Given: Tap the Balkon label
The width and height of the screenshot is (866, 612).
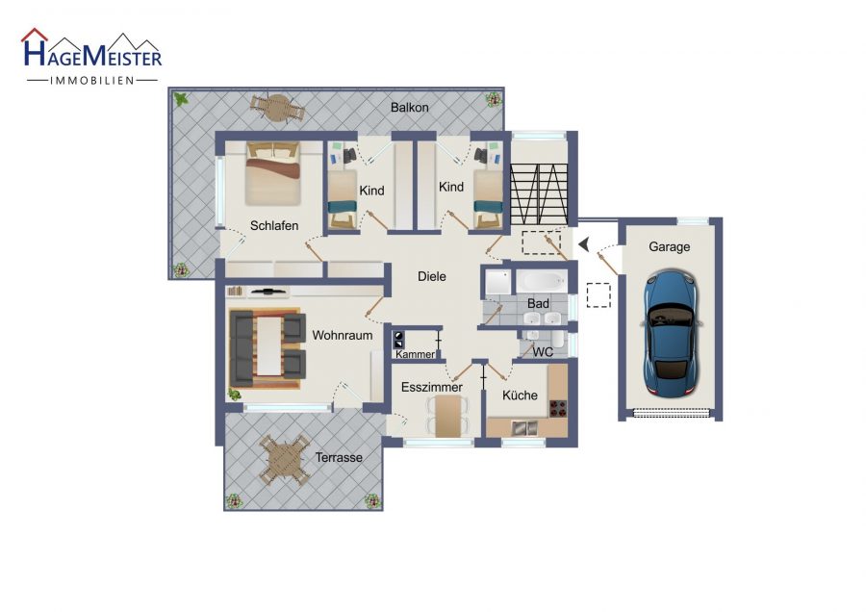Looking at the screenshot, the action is [x=409, y=107].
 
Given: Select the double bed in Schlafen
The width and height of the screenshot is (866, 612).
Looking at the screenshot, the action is [x=273, y=173].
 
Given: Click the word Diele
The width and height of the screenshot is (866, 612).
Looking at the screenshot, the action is [x=431, y=276].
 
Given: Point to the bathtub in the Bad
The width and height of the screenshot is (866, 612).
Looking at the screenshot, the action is [x=542, y=281].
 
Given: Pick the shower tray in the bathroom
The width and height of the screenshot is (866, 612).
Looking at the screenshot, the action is [x=497, y=282].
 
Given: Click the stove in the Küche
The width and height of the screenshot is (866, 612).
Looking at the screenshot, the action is [x=558, y=408].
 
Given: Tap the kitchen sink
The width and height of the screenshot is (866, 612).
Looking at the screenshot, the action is [x=524, y=427].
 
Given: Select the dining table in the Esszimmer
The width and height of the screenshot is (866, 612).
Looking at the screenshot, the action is [x=447, y=416].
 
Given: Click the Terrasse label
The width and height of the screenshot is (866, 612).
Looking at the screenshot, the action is [x=339, y=457].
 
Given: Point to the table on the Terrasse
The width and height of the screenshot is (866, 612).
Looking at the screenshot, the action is [x=285, y=460].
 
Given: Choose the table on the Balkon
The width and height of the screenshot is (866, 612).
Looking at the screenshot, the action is [x=277, y=108].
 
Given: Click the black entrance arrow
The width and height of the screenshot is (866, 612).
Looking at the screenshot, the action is [x=584, y=243].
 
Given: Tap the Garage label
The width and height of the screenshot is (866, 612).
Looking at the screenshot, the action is [x=669, y=247].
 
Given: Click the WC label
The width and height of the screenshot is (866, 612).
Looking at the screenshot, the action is [x=543, y=352].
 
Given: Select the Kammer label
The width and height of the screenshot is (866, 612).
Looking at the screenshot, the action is [x=415, y=354].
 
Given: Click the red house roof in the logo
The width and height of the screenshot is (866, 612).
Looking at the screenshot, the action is [x=35, y=35].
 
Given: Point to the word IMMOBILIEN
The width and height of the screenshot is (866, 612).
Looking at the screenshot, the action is [x=92, y=81].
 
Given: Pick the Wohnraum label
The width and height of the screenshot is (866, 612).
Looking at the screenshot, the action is [x=343, y=335].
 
